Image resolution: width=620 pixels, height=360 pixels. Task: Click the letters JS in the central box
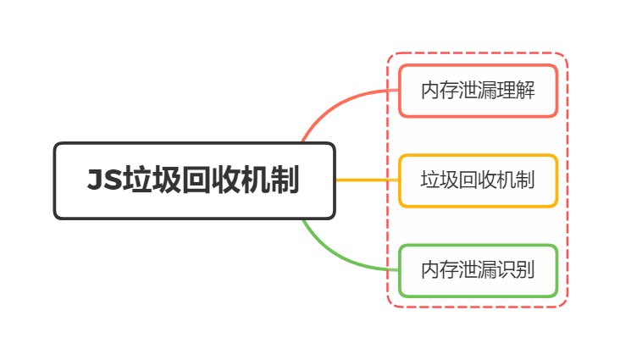[x=103, y=181]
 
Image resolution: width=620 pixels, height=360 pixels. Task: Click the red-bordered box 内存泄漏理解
[x=478, y=91]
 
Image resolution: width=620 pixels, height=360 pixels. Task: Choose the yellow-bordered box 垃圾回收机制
[x=478, y=180]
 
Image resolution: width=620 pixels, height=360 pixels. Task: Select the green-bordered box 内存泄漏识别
[x=478, y=270]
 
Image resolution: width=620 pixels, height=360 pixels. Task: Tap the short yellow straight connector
[x=366, y=180]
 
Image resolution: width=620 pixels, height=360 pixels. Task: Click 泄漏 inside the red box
[x=478, y=91]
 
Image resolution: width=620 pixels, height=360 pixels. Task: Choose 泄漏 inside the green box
[x=478, y=270]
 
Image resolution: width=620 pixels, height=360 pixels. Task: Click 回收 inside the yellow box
[x=478, y=180]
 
